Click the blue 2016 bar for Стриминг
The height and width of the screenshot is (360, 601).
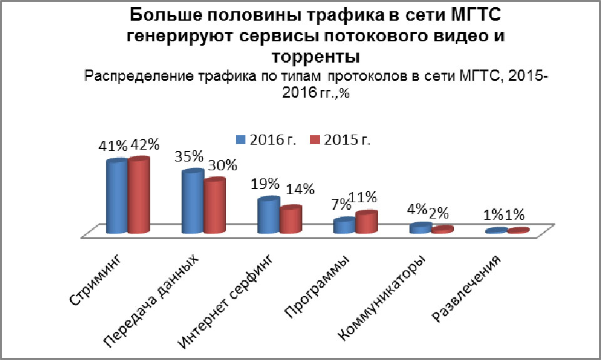pyautogui.click(x=116, y=197)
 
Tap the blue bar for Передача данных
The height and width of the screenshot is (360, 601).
pyautogui.click(x=192, y=202)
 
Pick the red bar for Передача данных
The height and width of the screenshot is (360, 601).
pyautogui.click(x=214, y=206)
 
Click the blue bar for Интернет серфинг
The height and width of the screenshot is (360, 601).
pyautogui.click(x=268, y=216)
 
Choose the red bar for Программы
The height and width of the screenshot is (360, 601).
pyautogui.click(x=366, y=223)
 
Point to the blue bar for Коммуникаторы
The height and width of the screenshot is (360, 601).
pyautogui.click(x=420, y=229)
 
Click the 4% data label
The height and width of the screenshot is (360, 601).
pyautogui.click(x=417, y=209)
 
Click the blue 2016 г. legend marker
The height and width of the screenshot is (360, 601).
pyautogui.click(x=240, y=139)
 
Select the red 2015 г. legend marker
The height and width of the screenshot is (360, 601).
pyautogui.click(x=315, y=139)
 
